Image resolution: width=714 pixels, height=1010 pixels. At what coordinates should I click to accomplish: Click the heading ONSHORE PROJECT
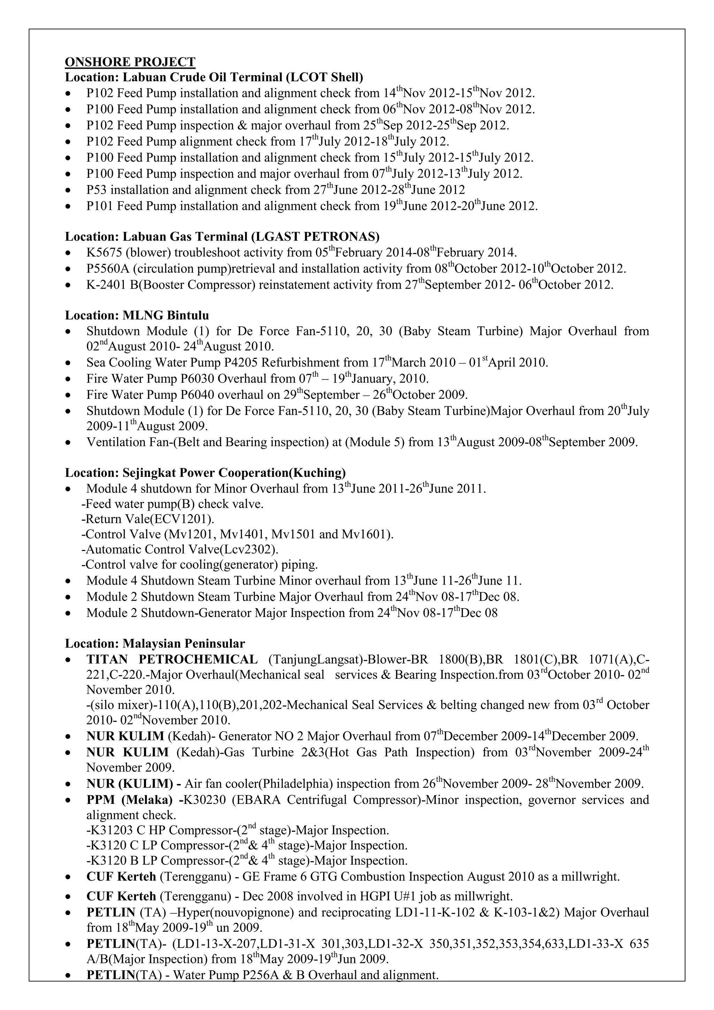tap(130, 62)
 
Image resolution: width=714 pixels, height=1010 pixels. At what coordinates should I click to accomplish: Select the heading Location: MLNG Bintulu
tap(137, 315)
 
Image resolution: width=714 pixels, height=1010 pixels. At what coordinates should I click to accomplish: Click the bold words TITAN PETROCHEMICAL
tap(172, 659)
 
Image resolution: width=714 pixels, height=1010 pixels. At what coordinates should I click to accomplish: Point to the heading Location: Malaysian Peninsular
tap(155, 643)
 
